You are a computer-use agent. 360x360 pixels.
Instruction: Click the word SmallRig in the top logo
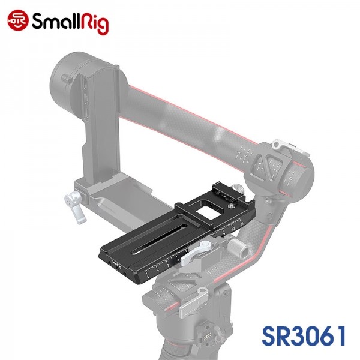(x=70, y=23)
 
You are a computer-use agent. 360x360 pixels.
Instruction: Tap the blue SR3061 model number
(x=304, y=336)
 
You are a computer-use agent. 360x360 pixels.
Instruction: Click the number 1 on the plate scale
(x=148, y=277)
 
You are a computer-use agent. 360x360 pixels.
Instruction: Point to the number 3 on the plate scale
(x=168, y=266)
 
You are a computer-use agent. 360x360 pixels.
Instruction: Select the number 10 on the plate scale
(x=233, y=229)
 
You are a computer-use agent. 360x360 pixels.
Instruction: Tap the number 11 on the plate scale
(x=242, y=223)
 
